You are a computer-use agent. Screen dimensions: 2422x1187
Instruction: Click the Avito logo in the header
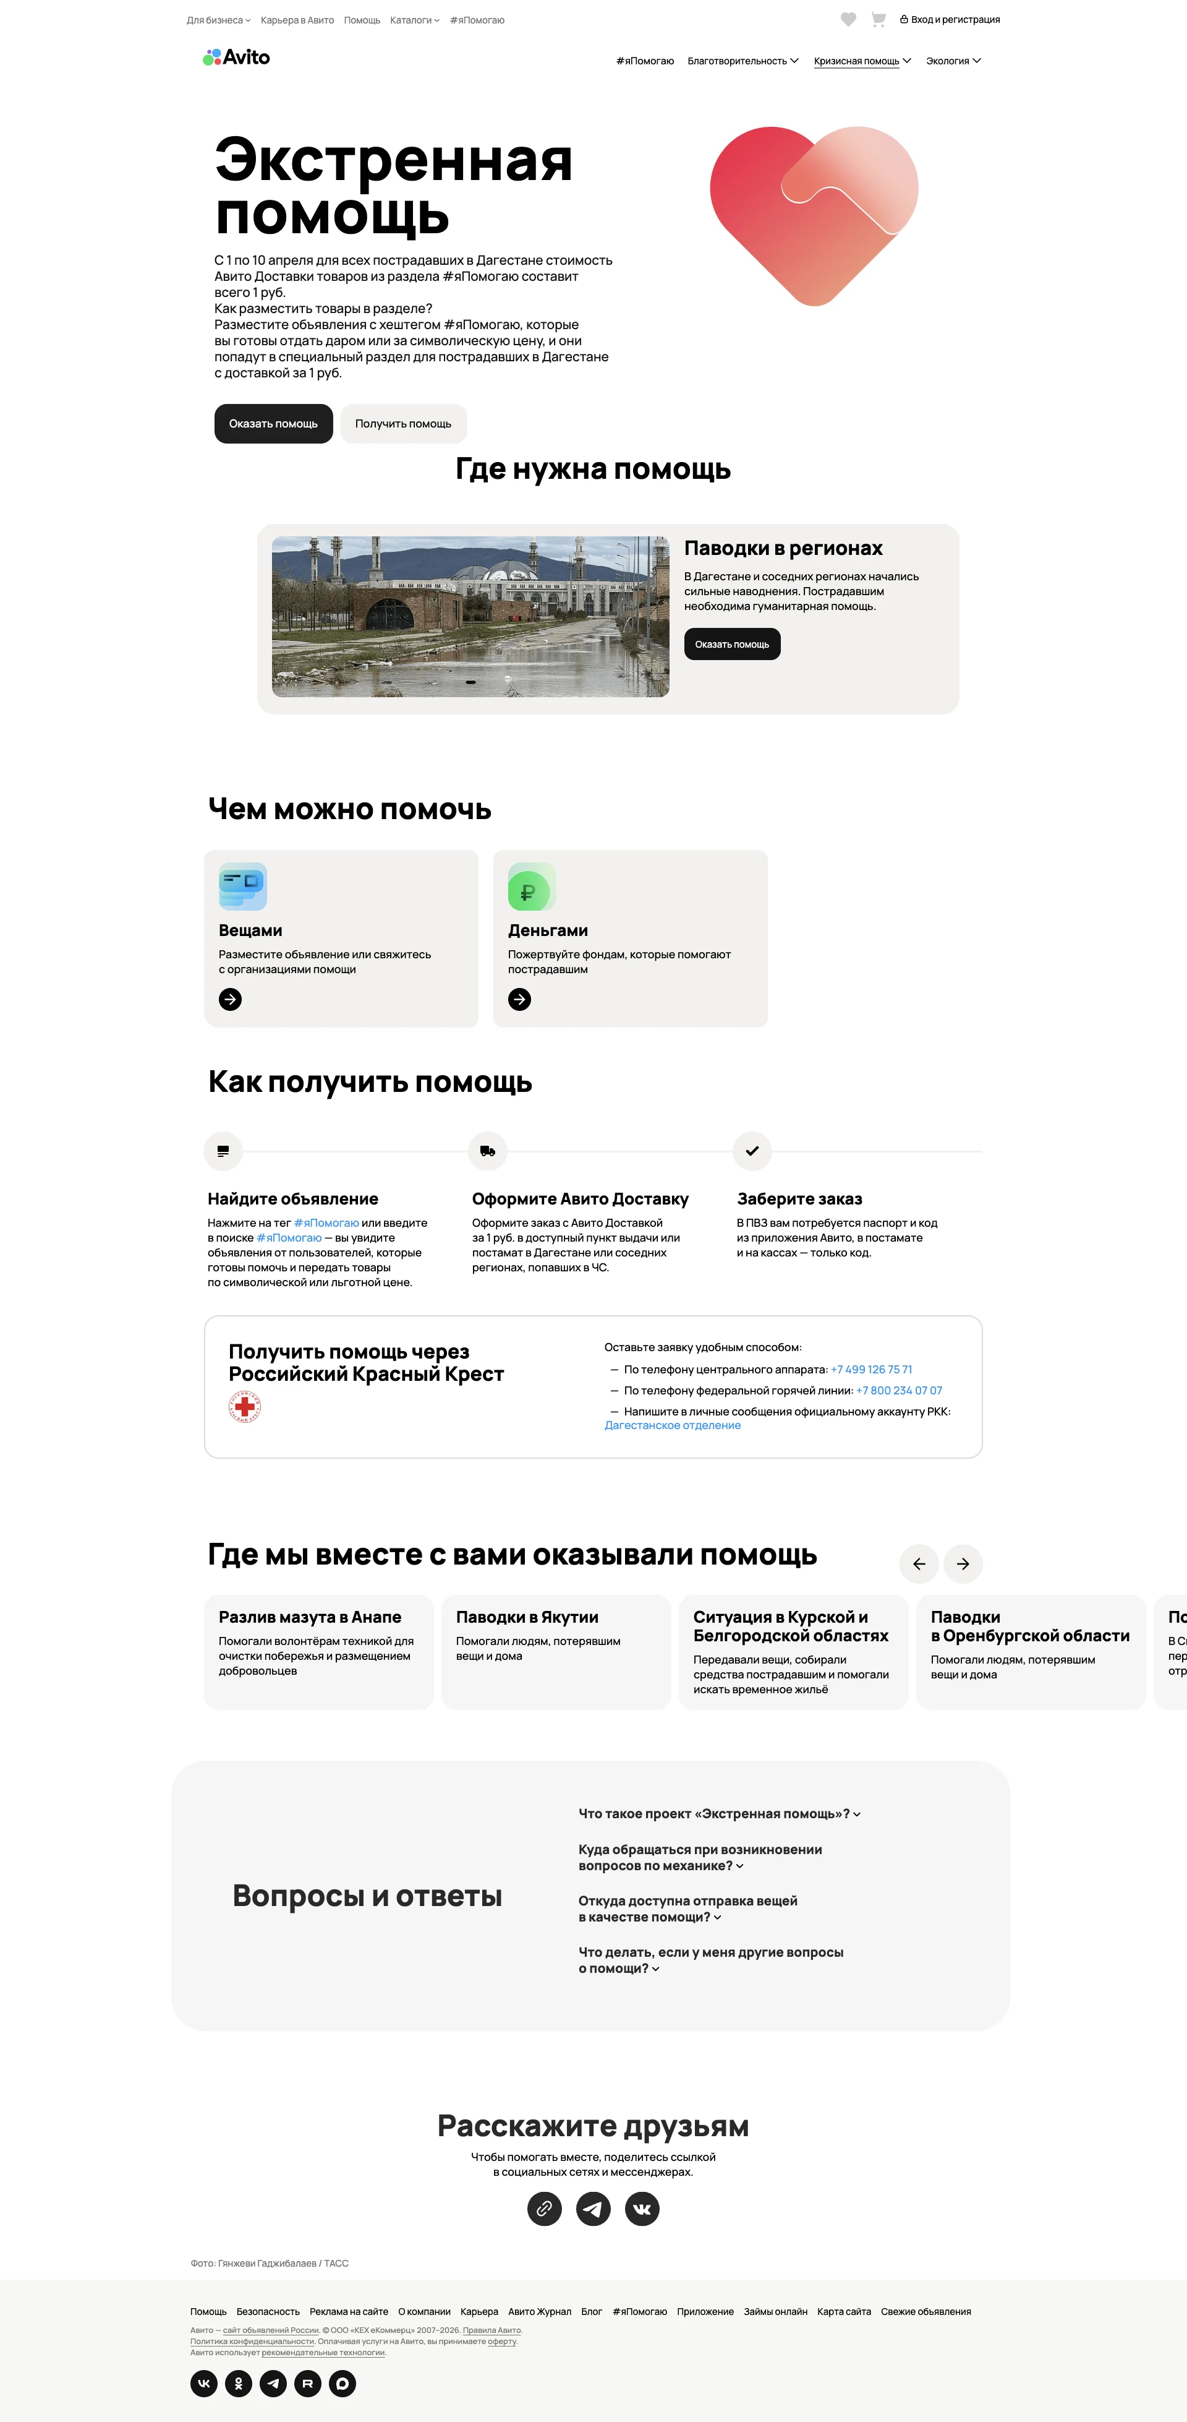pyautogui.click(x=236, y=58)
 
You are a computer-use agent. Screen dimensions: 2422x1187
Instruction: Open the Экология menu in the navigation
pyautogui.click(x=953, y=61)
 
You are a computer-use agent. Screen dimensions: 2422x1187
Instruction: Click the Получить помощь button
pyautogui.click(x=403, y=424)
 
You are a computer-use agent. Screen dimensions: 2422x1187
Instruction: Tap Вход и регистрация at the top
pyautogui.click(x=950, y=20)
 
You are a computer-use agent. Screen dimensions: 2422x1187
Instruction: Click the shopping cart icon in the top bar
pyautogui.click(x=879, y=20)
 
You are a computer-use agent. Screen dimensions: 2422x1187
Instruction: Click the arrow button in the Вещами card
pyautogui.click(x=230, y=1000)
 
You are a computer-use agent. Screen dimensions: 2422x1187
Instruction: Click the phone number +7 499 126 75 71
pyautogui.click(x=871, y=1370)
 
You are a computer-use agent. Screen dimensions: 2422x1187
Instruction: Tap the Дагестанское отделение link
pyautogui.click(x=672, y=1425)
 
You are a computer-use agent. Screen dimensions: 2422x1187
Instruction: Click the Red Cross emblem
pyautogui.click(x=244, y=1407)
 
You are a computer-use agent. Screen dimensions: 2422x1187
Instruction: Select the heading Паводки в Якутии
pyautogui.click(x=527, y=1617)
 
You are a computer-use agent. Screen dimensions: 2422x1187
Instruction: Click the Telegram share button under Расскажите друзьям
pyautogui.click(x=593, y=2209)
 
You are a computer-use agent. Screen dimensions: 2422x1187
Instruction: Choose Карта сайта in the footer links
pyautogui.click(x=844, y=2312)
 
